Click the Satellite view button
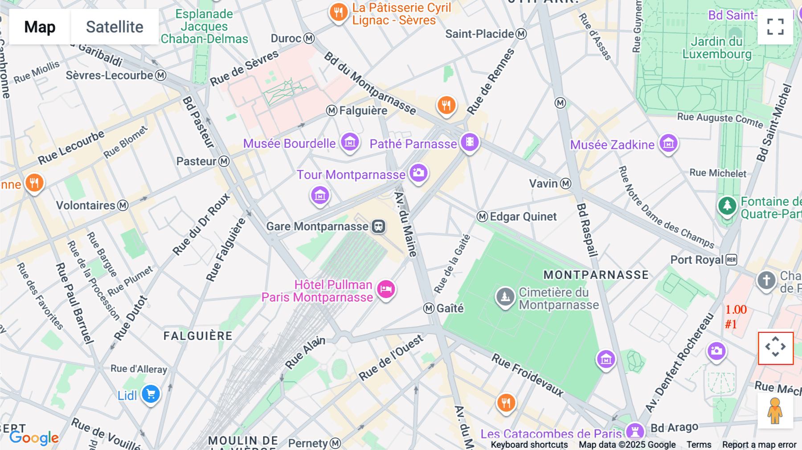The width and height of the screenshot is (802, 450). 115,27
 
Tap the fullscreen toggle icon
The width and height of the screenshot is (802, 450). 775,27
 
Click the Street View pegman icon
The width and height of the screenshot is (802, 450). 775,411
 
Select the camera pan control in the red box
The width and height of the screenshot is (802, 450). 776,348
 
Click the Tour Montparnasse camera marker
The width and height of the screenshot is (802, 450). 418,172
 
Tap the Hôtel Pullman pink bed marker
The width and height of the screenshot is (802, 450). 386,289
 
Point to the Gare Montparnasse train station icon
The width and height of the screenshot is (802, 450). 379,226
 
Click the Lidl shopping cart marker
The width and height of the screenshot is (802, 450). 151,394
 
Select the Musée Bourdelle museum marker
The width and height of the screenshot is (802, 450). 350,143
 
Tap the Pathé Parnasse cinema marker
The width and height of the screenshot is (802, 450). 470,142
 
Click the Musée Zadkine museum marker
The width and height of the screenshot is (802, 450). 668,143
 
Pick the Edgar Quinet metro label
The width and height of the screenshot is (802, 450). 523,217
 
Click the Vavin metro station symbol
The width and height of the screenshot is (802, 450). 566,184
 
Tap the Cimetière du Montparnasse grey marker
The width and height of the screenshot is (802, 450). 505,296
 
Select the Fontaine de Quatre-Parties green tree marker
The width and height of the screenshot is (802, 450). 727,205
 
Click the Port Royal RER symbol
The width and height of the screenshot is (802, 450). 732,260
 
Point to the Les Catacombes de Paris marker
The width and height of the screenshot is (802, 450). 634,431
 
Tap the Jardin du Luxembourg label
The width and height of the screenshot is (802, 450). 716,48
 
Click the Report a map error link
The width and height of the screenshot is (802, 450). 759,445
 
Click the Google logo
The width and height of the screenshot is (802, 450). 34,438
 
